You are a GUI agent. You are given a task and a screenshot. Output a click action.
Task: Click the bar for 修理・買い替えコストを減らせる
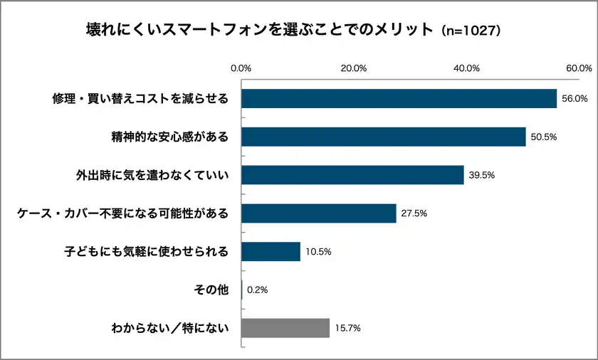click(399, 98)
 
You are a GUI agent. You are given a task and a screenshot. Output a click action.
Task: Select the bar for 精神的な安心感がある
click(383, 137)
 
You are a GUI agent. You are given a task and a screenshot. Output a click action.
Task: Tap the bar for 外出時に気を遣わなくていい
click(352, 175)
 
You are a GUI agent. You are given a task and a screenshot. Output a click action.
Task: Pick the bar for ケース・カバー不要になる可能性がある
click(318, 213)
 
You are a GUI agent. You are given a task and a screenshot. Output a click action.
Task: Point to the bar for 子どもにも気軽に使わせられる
click(271, 252)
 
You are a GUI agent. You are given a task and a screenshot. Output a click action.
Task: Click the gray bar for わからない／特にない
click(285, 328)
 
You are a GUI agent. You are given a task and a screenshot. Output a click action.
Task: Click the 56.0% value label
click(575, 99)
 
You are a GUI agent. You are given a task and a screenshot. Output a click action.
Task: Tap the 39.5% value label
click(481, 175)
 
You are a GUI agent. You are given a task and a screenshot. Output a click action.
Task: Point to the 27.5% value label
click(414, 213)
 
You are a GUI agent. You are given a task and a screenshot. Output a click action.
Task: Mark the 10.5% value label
click(318, 252)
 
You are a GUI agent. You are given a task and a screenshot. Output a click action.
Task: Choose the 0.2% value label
click(256, 290)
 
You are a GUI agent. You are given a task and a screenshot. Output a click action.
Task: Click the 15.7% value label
click(347, 328)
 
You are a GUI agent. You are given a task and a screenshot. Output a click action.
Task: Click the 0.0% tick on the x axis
click(241, 68)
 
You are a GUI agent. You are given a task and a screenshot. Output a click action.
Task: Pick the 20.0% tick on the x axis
click(354, 68)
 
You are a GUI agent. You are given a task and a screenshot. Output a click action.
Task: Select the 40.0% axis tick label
click(466, 68)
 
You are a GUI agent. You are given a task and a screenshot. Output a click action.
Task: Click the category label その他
click(211, 290)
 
